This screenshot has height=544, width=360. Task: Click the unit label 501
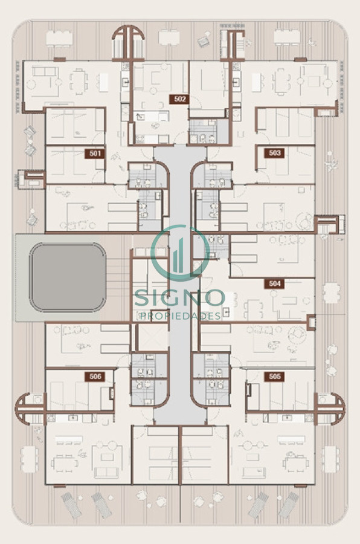click(x=95, y=154)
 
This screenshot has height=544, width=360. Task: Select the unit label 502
click(x=180, y=99)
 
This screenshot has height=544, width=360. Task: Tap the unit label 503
click(x=274, y=153)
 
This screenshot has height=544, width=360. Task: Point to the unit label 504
click(x=274, y=283)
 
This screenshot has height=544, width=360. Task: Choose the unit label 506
click(x=95, y=377)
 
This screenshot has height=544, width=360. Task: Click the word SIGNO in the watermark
click(x=180, y=297)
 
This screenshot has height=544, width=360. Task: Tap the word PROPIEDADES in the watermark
click(x=180, y=316)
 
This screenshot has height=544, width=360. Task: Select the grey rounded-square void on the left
click(x=68, y=277)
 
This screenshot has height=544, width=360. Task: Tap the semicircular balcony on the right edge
click(x=331, y=409)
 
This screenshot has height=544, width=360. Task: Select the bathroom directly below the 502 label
click(x=208, y=131)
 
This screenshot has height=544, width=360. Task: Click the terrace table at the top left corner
click(x=59, y=37)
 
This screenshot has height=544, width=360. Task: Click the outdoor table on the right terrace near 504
click(x=332, y=293)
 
